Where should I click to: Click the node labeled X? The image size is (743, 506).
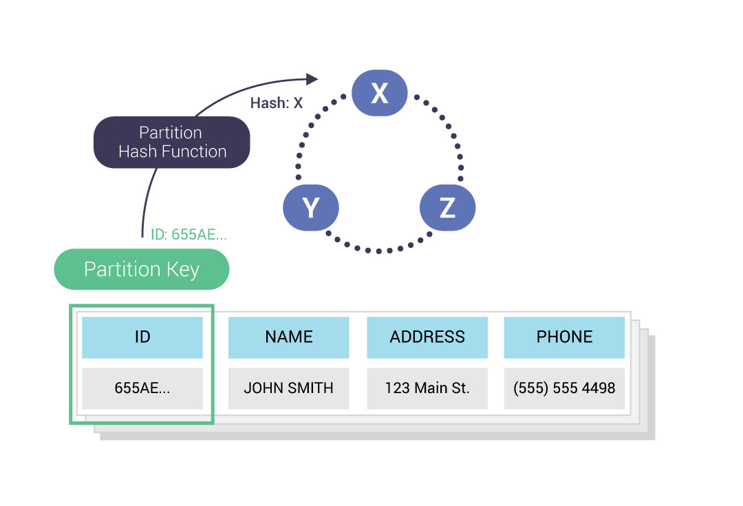[379, 93]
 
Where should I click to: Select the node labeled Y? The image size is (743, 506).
[311, 207]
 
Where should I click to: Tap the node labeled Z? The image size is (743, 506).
[447, 207]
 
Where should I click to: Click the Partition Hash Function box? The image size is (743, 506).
[171, 143]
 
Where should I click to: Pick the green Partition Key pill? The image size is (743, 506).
[141, 269]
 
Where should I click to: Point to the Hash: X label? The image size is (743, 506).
[276, 103]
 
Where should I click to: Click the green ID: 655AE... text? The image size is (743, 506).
[189, 235]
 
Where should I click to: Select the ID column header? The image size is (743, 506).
[142, 337]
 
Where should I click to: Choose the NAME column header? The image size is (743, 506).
[288, 337]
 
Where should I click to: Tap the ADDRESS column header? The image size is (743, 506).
[427, 337]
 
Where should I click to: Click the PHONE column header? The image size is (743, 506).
[564, 337]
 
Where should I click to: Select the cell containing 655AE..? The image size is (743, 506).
[142, 388]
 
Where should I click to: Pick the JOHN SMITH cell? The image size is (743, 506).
[288, 388]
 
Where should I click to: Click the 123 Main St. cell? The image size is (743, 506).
[427, 388]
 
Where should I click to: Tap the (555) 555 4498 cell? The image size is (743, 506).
[564, 388]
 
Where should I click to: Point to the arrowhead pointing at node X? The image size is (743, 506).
[312, 79]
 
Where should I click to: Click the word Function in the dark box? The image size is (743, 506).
[194, 152]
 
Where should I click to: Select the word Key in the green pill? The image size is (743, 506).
[182, 269]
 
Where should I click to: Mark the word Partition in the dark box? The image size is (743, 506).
[171, 133]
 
